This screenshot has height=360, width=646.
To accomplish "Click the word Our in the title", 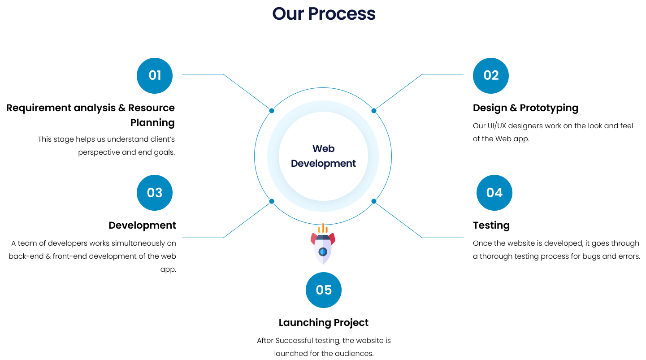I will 288,14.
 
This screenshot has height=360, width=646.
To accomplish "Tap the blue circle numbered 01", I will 155,75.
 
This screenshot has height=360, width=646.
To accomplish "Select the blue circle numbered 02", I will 491,75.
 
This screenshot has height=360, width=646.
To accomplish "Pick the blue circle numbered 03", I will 155,193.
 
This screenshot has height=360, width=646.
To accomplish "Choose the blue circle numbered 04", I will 494,193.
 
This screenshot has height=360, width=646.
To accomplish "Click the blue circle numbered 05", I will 324,290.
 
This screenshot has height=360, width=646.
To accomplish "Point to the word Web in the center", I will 324,148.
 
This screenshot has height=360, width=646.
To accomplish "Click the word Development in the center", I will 323,164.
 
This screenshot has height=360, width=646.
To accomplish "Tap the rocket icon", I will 323,247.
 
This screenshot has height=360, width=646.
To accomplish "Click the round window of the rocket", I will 323,252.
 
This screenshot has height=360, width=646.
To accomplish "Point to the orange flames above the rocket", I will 323,229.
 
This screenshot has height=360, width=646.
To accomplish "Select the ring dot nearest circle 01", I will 272,111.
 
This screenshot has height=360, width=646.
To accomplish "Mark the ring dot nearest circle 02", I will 374,111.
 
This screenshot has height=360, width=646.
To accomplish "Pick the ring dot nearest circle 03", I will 272,201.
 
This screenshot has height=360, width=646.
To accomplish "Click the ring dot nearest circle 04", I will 374,201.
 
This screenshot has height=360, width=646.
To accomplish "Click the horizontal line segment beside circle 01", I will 203,74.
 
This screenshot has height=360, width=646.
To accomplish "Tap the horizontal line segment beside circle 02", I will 443,74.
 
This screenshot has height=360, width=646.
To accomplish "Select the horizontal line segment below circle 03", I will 203,238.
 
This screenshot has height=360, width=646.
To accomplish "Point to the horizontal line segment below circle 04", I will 443,238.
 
